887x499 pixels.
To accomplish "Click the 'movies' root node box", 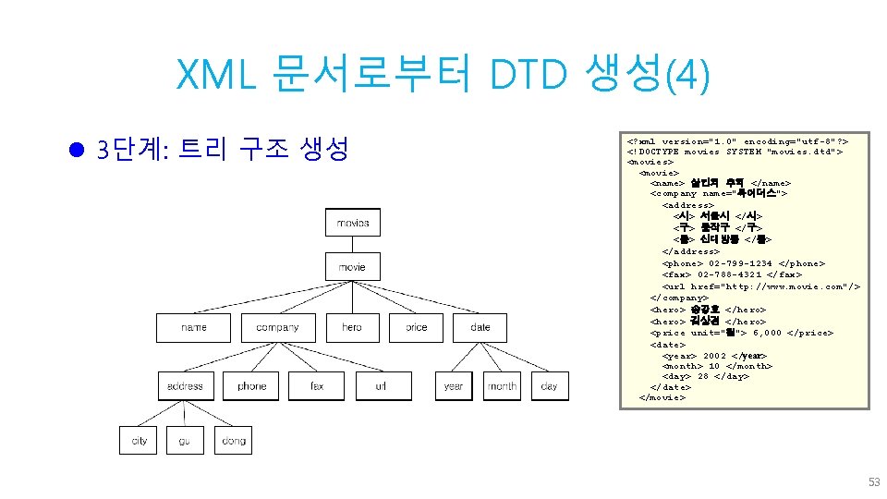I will (x=352, y=223).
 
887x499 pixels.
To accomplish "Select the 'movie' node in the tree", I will (x=352, y=267).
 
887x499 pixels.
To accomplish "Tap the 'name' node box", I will (x=194, y=327).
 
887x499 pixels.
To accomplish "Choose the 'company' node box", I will (x=277, y=327).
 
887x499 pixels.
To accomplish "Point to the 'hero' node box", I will (x=352, y=327).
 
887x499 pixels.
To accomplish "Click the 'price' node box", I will (x=417, y=327).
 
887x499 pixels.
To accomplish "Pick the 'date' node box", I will (x=480, y=327).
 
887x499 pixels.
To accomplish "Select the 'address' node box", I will (x=185, y=386).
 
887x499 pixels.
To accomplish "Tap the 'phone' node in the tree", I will (x=251, y=386).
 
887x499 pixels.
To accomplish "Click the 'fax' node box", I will (x=316, y=386).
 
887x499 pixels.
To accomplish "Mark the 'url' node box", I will (x=381, y=386).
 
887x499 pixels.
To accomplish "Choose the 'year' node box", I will (x=454, y=386).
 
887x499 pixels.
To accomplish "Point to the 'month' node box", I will (x=502, y=386).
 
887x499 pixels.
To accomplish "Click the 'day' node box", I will (x=550, y=386).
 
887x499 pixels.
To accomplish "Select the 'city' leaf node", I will (x=140, y=441).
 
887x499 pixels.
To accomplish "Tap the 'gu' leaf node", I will (x=185, y=441).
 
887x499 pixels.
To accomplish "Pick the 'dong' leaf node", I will (x=234, y=441).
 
